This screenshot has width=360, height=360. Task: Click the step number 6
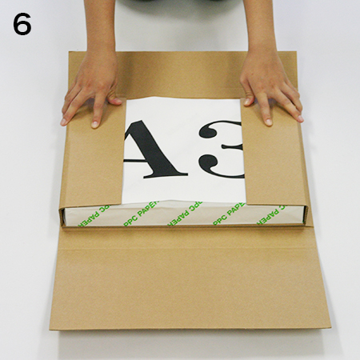[x=22, y=24]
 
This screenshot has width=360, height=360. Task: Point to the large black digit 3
[x=222, y=150]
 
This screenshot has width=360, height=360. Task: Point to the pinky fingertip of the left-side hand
[x=63, y=122]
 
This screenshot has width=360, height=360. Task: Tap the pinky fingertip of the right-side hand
[x=300, y=118]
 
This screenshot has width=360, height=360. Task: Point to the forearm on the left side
[x=99, y=30]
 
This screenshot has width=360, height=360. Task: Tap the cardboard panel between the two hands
[x=182, y=74]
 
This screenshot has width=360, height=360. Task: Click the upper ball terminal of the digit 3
[x=207, y=130]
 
